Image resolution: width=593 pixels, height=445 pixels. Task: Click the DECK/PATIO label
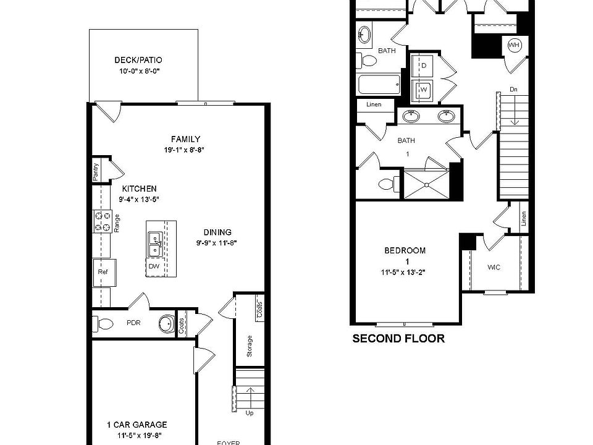pyautogui.click(x=138, y=61)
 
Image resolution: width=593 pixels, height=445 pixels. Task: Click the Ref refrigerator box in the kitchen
pyautogui.click(x=101, y=271)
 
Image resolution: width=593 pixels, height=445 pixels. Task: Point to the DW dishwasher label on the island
pyautogui.click(x=154, y=266)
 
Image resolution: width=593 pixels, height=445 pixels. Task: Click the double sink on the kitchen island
pyautogui.click(x=154, y=244)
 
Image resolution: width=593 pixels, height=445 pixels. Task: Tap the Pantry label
pyautogui.click(x=96, y=171)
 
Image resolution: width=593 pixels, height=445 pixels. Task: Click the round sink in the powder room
pyautogui.click(x=166, y=323)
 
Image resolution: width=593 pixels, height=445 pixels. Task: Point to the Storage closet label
pyautogui.click(x=250, y=346)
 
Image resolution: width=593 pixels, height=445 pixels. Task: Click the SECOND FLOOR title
pyautogui.click(x=398, y=339)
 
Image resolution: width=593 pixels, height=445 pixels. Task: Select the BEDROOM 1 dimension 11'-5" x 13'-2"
pyautogui.click(x=405, y=271)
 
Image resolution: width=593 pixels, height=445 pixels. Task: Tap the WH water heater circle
pyautogui.click(x=514, y=44)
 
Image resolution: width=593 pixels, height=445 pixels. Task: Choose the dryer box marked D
pyautogui.click(x=424, y=65)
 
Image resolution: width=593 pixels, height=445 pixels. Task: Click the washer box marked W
pyautogui.click(x=424, y=90)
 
